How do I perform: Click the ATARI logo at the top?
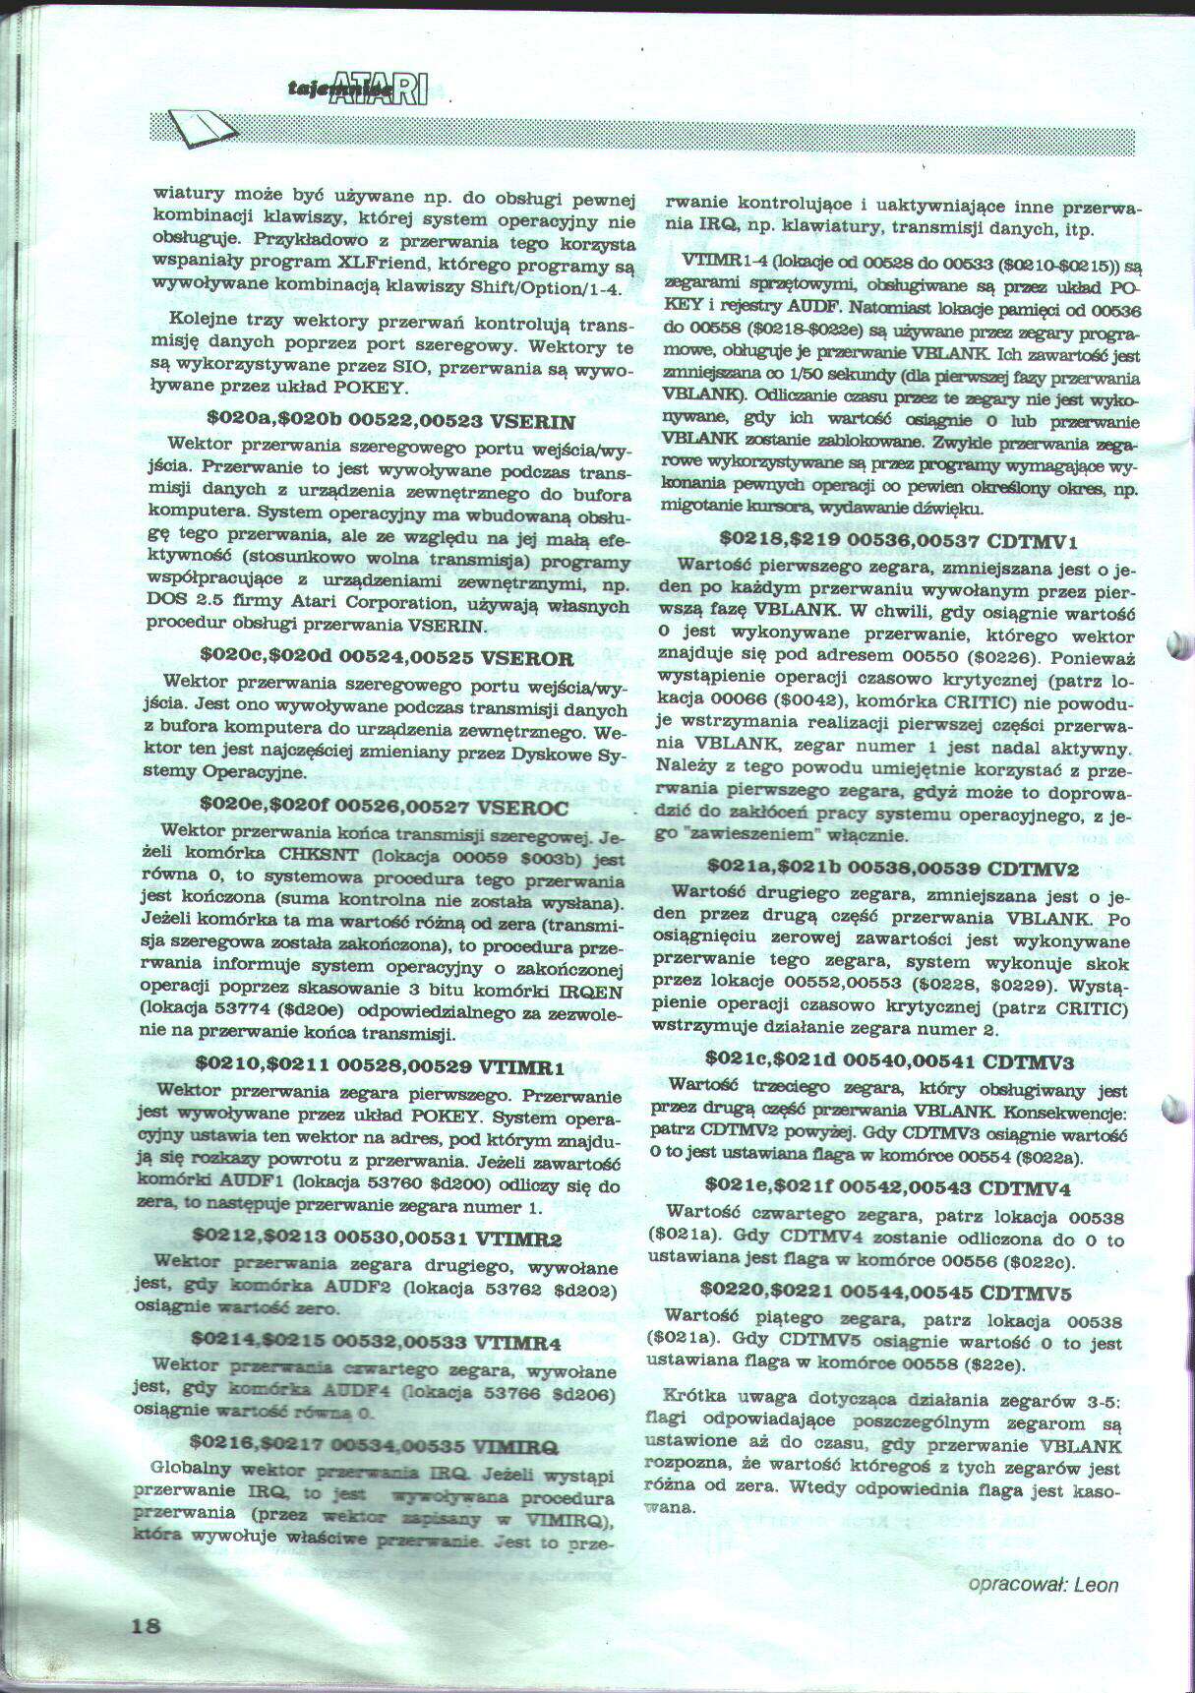coord(379,90)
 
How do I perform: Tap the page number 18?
coord(146,1624)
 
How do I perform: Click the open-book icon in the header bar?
coord(202,128)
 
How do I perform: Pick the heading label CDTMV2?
coord(1032,869)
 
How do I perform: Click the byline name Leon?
coord(1096,1584)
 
